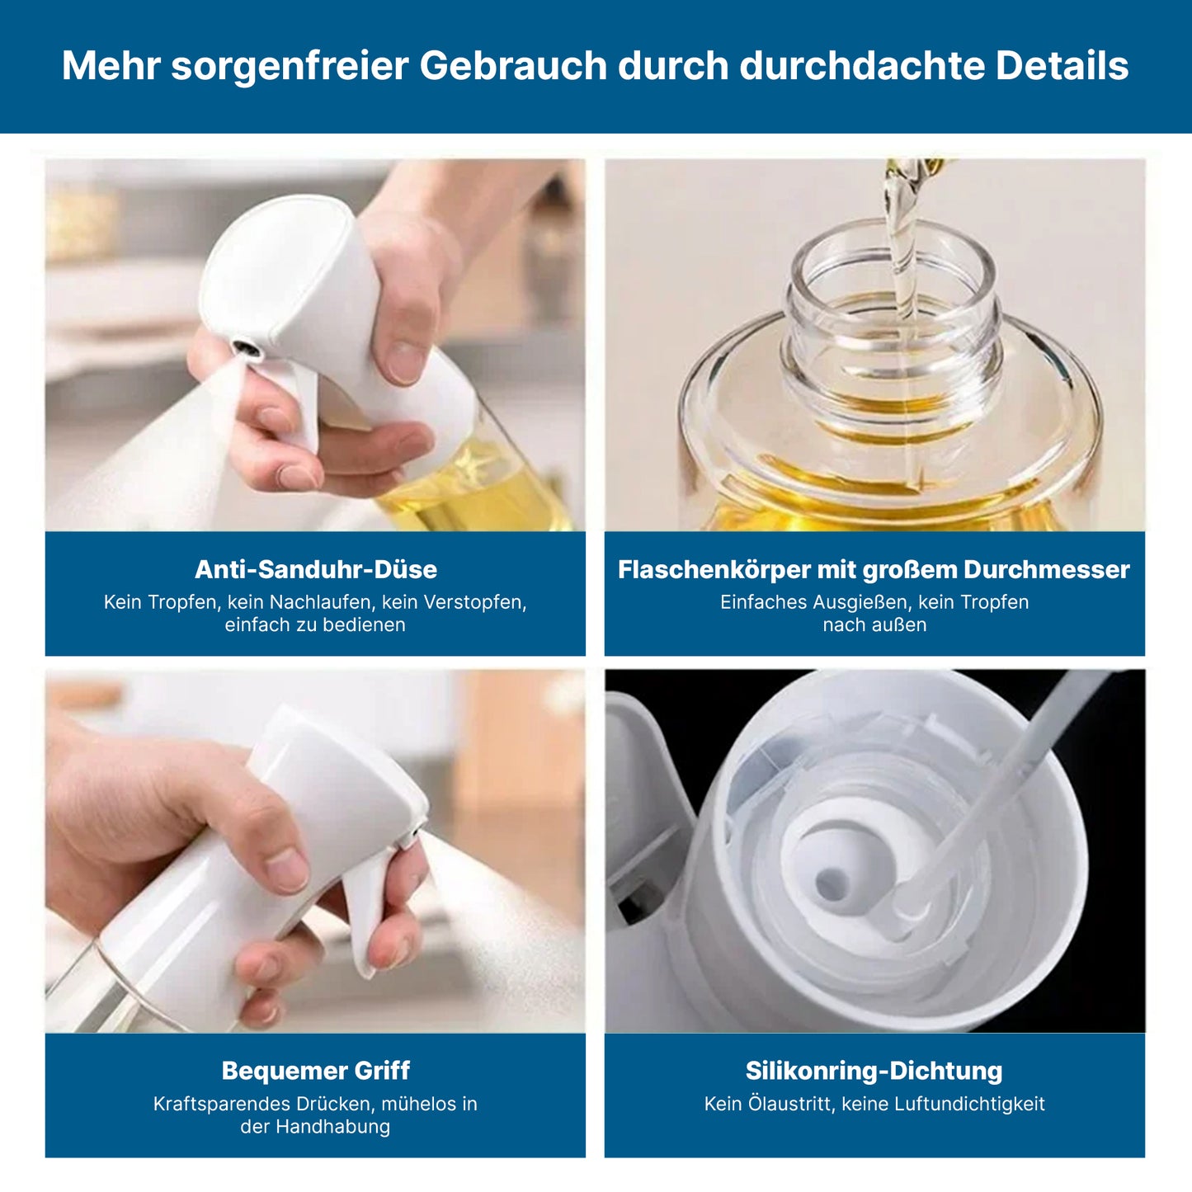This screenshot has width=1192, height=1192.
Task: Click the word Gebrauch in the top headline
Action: [513, 66]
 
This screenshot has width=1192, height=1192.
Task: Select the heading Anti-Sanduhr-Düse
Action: [315, 569]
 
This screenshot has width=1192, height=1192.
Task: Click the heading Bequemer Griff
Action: [315, 1070]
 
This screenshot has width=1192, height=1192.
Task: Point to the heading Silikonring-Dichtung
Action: [874, 1070]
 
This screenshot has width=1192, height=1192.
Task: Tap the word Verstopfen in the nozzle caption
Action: [478, 602]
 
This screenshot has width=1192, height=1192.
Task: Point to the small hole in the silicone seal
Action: [828, 886]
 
